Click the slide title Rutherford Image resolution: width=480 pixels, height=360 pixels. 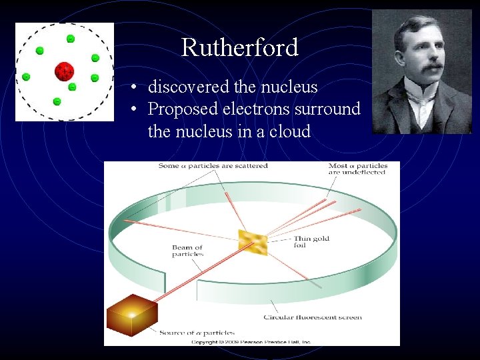pos(239,47)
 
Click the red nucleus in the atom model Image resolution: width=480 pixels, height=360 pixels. pos(65,70)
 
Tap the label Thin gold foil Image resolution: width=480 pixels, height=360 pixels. pos(311,242)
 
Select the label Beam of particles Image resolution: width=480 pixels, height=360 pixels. pos(187,251)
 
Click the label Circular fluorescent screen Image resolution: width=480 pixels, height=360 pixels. pos(313,317)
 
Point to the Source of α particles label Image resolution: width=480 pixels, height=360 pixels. pos(197,332)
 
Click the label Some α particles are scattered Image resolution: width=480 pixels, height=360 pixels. pos(213,166)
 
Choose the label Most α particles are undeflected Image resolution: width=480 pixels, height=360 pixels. pos(357,169)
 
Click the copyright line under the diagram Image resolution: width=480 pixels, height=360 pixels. pos(251,341)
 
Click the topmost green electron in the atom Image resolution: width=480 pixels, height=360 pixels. pos(70,39)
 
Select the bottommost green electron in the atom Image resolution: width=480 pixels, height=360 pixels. pos(57,101)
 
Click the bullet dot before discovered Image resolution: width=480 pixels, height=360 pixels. pos(134,87)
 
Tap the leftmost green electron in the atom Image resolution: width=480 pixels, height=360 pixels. pos(26,77)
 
